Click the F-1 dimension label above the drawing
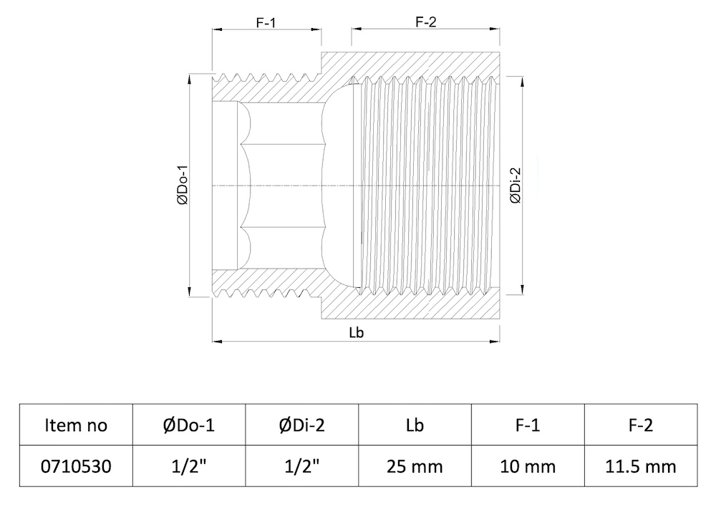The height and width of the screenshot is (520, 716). [266, 22]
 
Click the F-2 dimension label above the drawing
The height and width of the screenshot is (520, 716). [425, 21]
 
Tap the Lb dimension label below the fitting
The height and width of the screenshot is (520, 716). [356, 332]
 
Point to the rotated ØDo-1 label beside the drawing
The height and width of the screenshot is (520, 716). [183, 185]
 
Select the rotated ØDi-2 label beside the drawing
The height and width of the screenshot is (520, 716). [516, 186]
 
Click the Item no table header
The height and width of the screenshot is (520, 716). [76, 425]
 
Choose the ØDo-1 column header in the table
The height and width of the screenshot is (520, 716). [188, 425]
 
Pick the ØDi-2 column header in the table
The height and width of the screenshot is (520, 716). [302, 425]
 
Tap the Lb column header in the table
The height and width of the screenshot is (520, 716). [415, 425]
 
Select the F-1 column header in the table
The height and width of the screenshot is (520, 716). [528, 425]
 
